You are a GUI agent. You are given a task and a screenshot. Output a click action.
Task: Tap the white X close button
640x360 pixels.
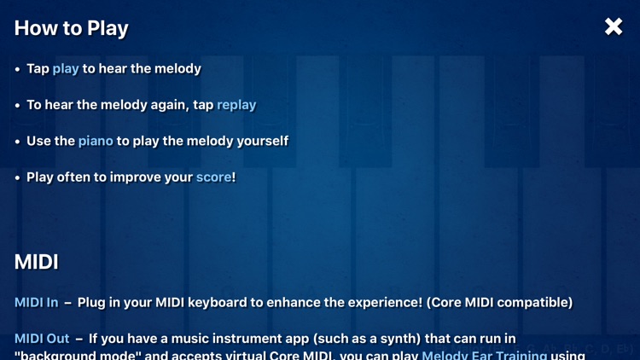[614, 27]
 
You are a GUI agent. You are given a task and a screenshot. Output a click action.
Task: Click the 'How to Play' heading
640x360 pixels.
[71, 28]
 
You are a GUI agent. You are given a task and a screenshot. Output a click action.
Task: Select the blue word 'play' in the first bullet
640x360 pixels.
[66, 68]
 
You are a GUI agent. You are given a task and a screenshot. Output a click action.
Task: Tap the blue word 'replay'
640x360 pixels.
[236, 105]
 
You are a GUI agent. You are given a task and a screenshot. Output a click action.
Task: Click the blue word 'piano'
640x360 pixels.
[96, 141]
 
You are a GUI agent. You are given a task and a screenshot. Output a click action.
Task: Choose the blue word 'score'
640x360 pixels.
[213, 177]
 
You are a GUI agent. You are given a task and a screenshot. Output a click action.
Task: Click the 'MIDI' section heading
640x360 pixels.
[37, 262]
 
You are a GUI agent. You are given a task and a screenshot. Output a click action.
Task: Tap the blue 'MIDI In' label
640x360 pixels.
[37, 303]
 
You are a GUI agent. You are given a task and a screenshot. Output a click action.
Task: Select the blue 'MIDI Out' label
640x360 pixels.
[41, 339]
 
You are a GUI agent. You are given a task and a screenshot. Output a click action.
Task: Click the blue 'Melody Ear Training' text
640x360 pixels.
[485, 355]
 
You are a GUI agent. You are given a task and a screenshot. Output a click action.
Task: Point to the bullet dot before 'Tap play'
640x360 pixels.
[18, 69]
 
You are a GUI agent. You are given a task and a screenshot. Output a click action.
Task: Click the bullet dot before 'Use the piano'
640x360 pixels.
[18, 142]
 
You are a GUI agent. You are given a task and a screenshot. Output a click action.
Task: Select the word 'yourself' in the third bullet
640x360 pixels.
[259, 141]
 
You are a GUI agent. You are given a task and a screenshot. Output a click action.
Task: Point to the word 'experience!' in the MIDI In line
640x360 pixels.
[383, 303]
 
